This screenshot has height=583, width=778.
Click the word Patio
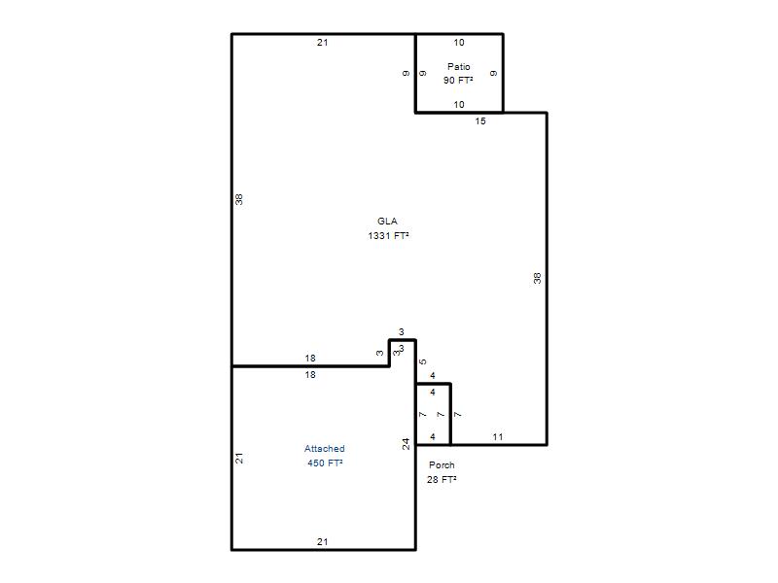(458, 66)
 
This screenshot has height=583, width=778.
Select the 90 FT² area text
(458, 80)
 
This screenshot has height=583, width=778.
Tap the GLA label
(387, 222)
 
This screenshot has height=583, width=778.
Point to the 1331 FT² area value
(388, 235)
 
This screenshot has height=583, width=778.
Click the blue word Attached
(325, 449)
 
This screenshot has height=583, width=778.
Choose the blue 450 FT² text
(325, 463)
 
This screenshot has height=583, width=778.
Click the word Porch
(442, 465)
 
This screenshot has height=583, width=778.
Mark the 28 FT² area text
(442, 479)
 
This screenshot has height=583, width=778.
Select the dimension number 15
(480, 120)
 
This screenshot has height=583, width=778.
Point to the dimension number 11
(498, 436)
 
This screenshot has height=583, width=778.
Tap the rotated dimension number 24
(406, 444)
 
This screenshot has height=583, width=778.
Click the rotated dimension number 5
(423, 361)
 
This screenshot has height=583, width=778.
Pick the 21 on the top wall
(323, 43)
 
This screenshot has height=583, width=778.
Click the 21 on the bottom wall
(323, 542)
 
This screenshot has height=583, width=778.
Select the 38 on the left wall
(239, 199)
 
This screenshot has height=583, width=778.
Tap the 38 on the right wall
(538, 278)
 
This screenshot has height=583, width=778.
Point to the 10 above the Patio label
(459, 43)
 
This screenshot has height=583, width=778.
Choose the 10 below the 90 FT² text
(459, 105)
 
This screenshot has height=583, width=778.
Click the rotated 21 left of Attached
(239, 458)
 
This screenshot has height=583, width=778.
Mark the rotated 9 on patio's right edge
(494, 74)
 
